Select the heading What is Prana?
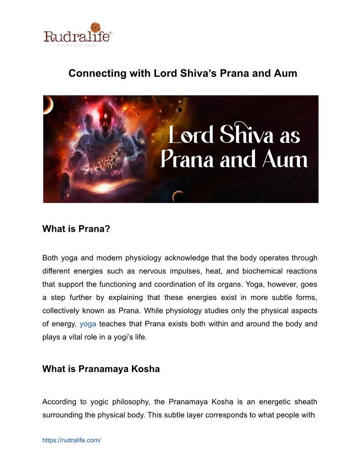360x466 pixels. coord(76,229)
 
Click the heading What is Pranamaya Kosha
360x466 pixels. coord(101,369)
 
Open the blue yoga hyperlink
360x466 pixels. coord(88,324)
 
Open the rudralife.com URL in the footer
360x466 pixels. coord(71,440)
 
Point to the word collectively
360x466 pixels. coord(63,311)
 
